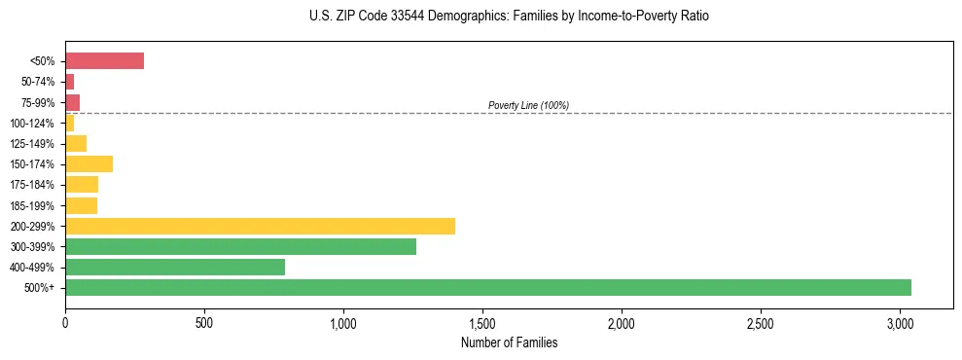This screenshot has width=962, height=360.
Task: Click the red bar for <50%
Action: click(104, 61)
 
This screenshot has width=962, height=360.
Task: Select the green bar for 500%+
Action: click(487, 287)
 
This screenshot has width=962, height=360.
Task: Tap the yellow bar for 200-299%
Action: click(260, 226)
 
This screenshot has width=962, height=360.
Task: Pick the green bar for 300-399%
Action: click(240, 246)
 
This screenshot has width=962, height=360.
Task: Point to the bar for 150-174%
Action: click(89, 163)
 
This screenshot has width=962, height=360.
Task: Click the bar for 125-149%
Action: click(76, 143)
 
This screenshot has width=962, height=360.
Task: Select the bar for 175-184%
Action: click(82, 185)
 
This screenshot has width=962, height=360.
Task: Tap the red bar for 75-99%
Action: click(72, 102)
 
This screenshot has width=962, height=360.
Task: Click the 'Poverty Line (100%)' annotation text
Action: click(528, 105)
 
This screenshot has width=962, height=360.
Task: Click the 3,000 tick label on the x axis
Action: click(900, 322)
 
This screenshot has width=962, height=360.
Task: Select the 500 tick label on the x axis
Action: click(204, 322)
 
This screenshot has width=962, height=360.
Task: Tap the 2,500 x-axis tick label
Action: click(761, 322)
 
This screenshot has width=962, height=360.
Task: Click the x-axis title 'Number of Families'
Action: click(509, 342)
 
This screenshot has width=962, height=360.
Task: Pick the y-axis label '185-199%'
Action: click(32, 205)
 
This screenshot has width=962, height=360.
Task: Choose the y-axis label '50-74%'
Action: click(37, 82)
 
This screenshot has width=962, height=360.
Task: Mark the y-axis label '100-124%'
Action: click(32, 123)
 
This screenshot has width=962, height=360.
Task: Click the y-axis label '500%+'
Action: click(40, 288)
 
